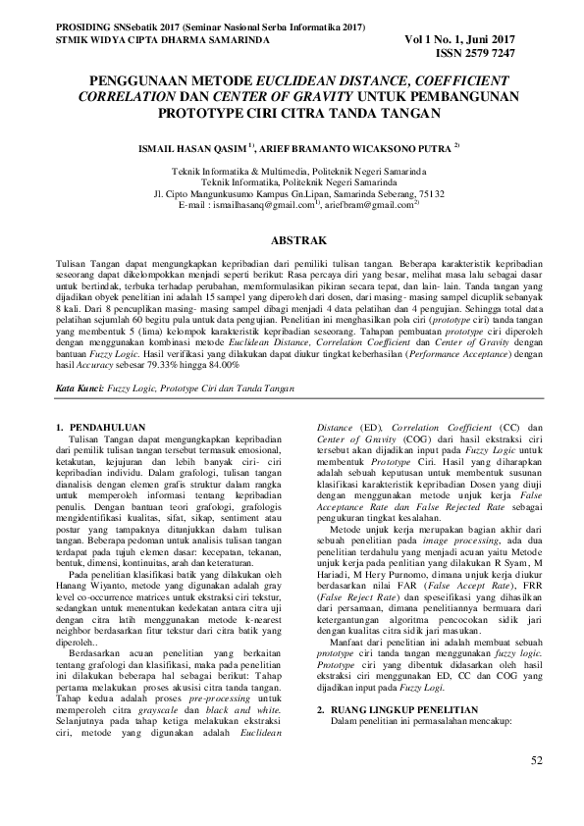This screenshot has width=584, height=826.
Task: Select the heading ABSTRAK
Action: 292,238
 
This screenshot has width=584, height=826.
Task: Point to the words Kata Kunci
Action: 79,389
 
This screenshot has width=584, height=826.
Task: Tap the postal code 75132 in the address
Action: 429,193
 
